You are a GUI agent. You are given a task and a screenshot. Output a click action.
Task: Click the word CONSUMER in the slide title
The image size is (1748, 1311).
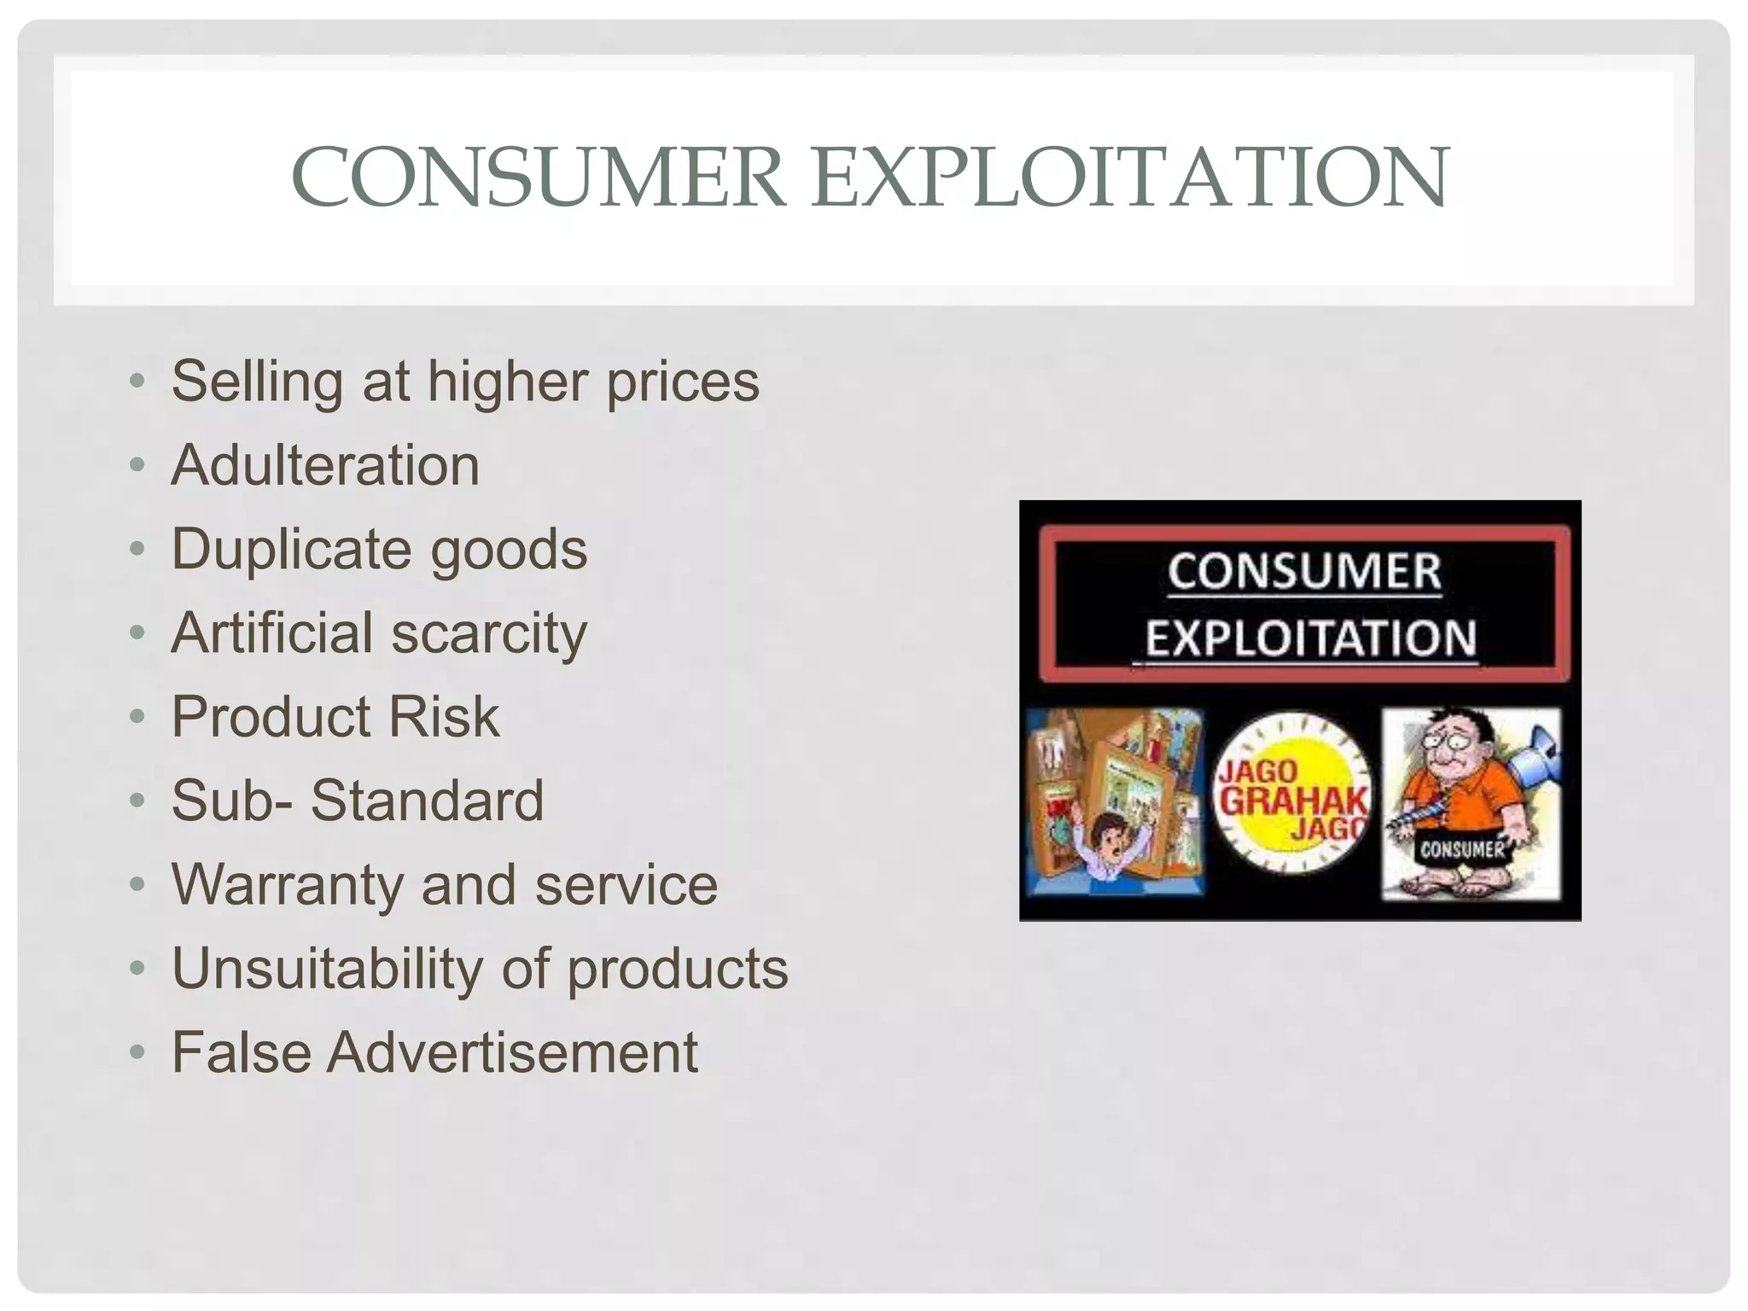pos(538,178)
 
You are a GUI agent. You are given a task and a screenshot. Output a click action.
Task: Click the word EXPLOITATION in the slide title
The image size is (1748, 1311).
pos(1130,178)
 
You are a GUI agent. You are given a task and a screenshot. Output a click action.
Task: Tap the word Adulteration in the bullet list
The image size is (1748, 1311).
pos(325,465)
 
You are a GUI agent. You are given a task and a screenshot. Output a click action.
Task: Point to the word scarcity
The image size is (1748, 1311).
pos(489,633)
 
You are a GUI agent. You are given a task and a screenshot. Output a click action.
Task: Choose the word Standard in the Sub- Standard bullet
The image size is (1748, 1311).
pos(427,801)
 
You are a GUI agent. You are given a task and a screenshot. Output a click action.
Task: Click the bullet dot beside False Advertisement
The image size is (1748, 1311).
pos(137,1052)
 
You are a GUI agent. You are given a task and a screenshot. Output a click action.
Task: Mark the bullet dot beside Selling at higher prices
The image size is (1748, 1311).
pos(137,381)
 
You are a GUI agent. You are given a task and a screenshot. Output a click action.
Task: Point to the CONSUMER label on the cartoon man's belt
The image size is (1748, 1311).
pos(1462,848)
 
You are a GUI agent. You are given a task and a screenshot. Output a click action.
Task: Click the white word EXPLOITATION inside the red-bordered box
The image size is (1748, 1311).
pos(1310,638)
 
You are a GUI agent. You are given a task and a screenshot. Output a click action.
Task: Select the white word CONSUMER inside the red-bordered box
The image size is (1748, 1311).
pos(1304,572)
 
